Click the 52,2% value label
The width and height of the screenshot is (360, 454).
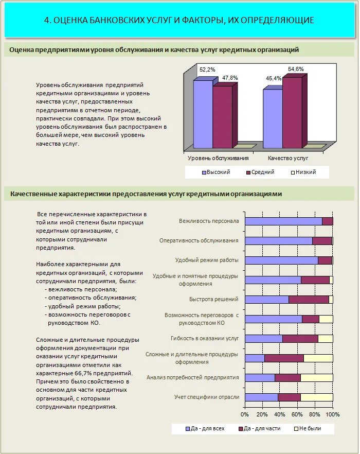pyautogui.click(x=207, y=69)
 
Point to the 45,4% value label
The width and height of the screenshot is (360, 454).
pyautogui.click(x=274, y=78)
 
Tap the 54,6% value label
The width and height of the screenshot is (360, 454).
pyautogui.click(x=296, y=69)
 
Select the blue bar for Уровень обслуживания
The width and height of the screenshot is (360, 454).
pyautogui.click(x=203, y=113)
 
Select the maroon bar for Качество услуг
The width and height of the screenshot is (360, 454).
pyautogui.click(x=292, y=112)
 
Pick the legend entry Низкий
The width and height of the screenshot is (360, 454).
pyautogui.click(x=306, y=172)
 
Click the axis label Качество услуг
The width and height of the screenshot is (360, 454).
pyautogui.click(x=287, y=158)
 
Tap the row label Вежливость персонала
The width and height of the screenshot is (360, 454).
pyautogui.click(x=209, y=221)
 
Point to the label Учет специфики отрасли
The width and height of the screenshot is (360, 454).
pyautogui.click(x=207, y=397)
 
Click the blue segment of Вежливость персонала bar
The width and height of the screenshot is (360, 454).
pyautogui.click(x=283, y=221)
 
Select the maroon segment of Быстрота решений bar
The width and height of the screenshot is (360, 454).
pyautogui.click(x=309, y=300)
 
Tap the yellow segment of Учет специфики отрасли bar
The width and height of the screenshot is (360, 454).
pyautogui.click(x=316, y=397)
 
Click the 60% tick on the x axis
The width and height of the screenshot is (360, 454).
pyautogui.click(x=298, y=414)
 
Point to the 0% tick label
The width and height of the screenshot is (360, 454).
pyautogui.click(x=245, y=414)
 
